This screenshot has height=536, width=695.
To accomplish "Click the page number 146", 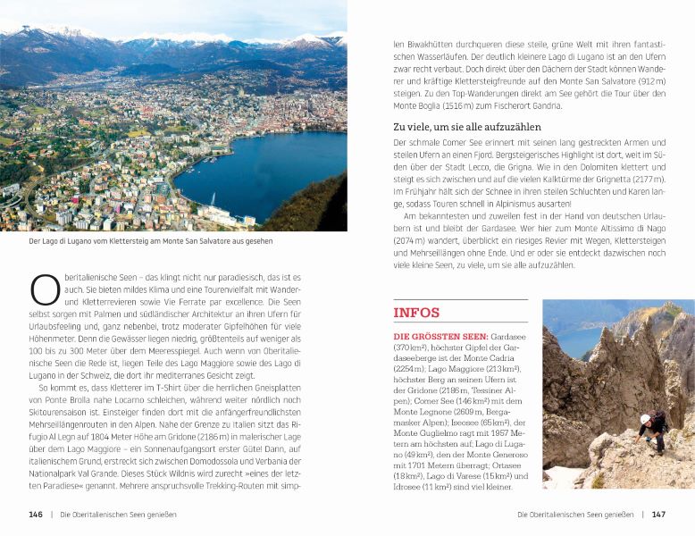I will coord(36,515).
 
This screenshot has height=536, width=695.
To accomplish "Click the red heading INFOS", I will coord(416,313).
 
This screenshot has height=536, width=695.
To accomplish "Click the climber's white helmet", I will coord(645,418).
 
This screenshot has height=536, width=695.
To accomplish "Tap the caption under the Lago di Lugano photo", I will coord(150,240).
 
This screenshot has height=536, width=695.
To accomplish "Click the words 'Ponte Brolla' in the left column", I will coord(82,400).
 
